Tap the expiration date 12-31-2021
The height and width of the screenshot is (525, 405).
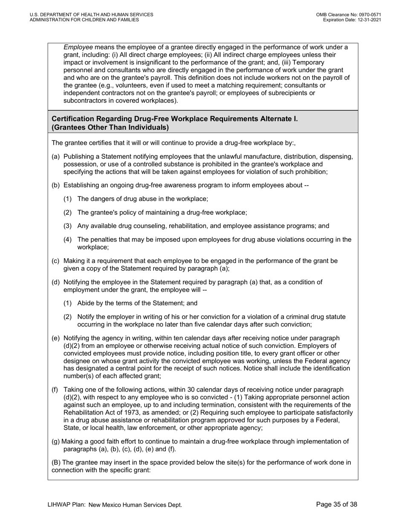(x=367, y=20)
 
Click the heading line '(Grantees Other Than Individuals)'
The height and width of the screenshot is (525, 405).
(x=110, y=127)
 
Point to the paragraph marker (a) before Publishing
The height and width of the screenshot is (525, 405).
(x=56, y=157)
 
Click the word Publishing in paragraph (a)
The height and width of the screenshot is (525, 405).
(x=79, y=157)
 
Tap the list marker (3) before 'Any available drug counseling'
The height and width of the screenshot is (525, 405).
(x=68, y=226)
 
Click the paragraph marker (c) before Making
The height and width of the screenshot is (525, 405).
(x=56, y=261)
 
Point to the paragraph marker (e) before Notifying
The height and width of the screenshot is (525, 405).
(x=56, y=338)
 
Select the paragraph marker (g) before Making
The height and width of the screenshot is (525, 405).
(x=56, y=441)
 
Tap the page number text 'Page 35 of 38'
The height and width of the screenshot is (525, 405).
(x=337, y=505)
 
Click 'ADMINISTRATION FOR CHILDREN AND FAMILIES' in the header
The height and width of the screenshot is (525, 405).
(x=84, y=20)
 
